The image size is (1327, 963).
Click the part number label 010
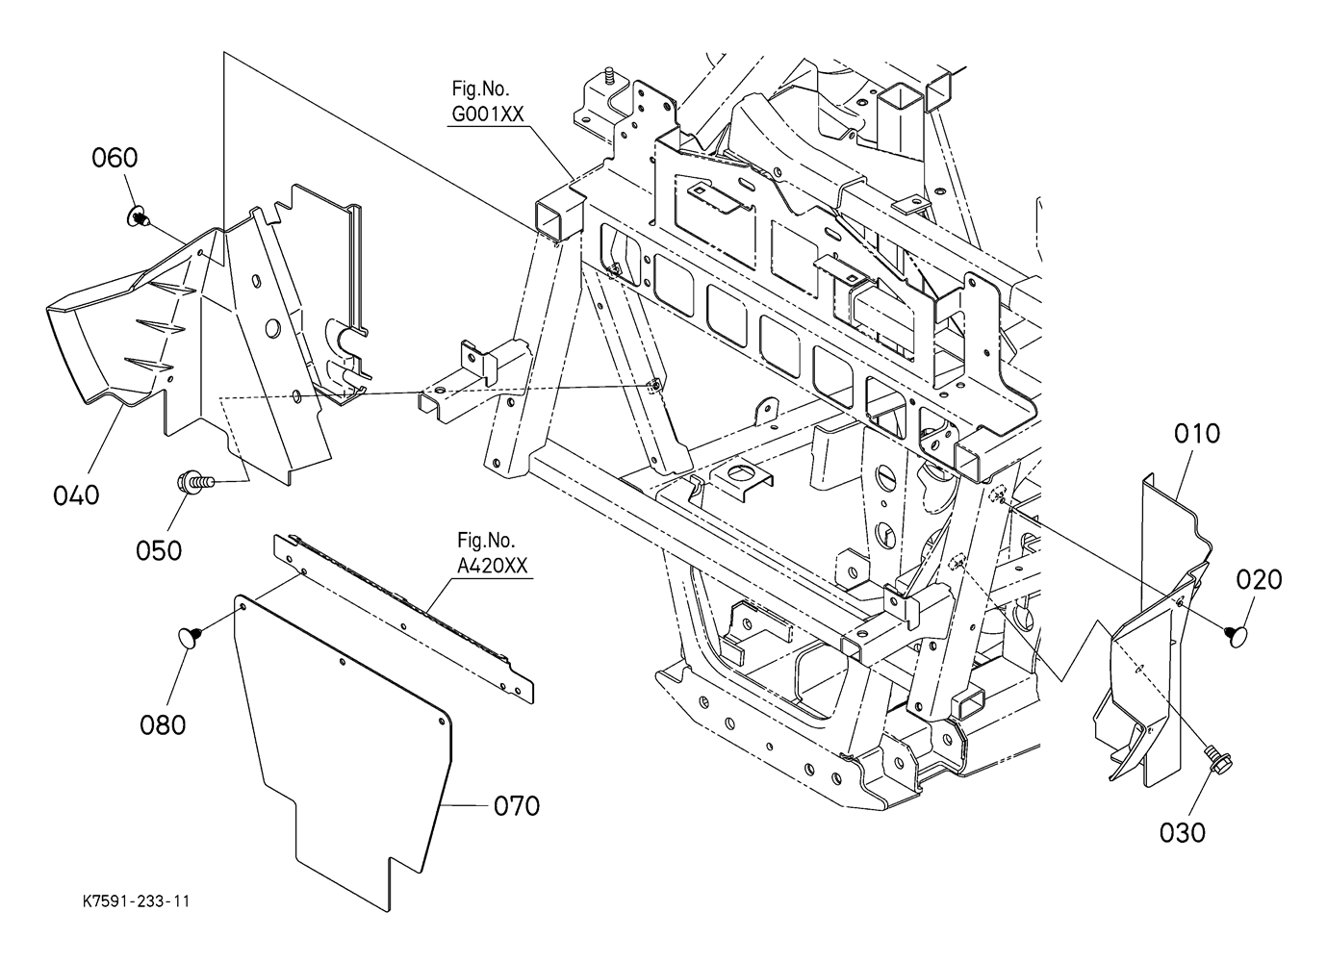pyautogui.click(x=1197, y=434)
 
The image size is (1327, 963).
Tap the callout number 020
pyautogui.click(x=1259, y=580)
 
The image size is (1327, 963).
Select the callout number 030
pyautogui.click(x=1183, y=833)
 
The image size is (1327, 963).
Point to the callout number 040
pyautogui.click(x=76, y=495)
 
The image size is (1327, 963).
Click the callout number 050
pyautogui.click(x=159, y=551)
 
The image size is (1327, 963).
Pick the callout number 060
pyautogui.click(x=115, y=158)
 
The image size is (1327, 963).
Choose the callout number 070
pyautogui.click(x=517, y=806)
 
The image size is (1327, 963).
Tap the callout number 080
pyautogui.click(x=163, y=725)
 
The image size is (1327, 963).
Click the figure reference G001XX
pyautogui.click(x=488, y=114)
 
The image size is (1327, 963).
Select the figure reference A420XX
pyautogui.click(x=493, y=566)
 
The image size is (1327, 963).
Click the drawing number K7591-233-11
pyautogui.click(x=137, y=901)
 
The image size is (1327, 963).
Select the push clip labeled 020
pyautogui.click(x=1236, y=636)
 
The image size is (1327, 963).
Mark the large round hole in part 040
pyautogui.click(x=272, y=329)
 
